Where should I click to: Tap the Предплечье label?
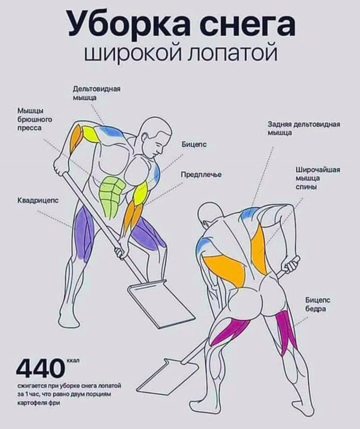coord(202,174)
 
